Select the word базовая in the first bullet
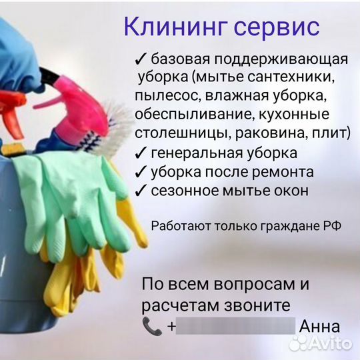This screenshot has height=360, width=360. (178, 59)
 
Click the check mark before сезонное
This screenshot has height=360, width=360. (140, 191)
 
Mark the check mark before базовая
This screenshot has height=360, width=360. (140, 59)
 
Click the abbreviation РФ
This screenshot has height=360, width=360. (332, 226)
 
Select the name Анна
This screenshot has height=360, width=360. (320, 327)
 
